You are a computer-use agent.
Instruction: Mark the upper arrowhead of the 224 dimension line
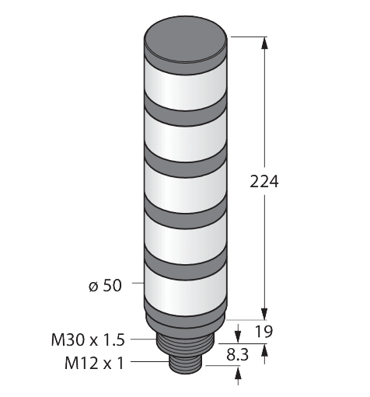coord(266,44)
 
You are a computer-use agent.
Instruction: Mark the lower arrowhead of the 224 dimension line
coord(266,314)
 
